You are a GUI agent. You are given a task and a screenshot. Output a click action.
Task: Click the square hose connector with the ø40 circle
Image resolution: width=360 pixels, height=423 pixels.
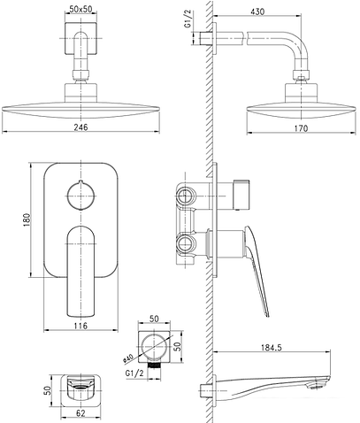tap(152, 344)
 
